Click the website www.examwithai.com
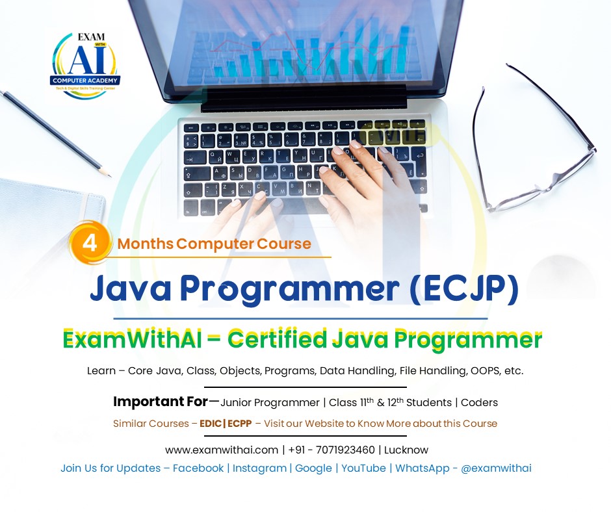click(x=222, y=450)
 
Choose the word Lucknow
click(x=406, y=450)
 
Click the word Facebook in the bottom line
click(x=198, y=468)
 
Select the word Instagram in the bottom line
click(x=259, y=468)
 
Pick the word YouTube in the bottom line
click(x=363, y=468)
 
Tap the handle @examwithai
click(x=496, y=468)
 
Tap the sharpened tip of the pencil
click(x=107, y=175)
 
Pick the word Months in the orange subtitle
click(x=146, y=244)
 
